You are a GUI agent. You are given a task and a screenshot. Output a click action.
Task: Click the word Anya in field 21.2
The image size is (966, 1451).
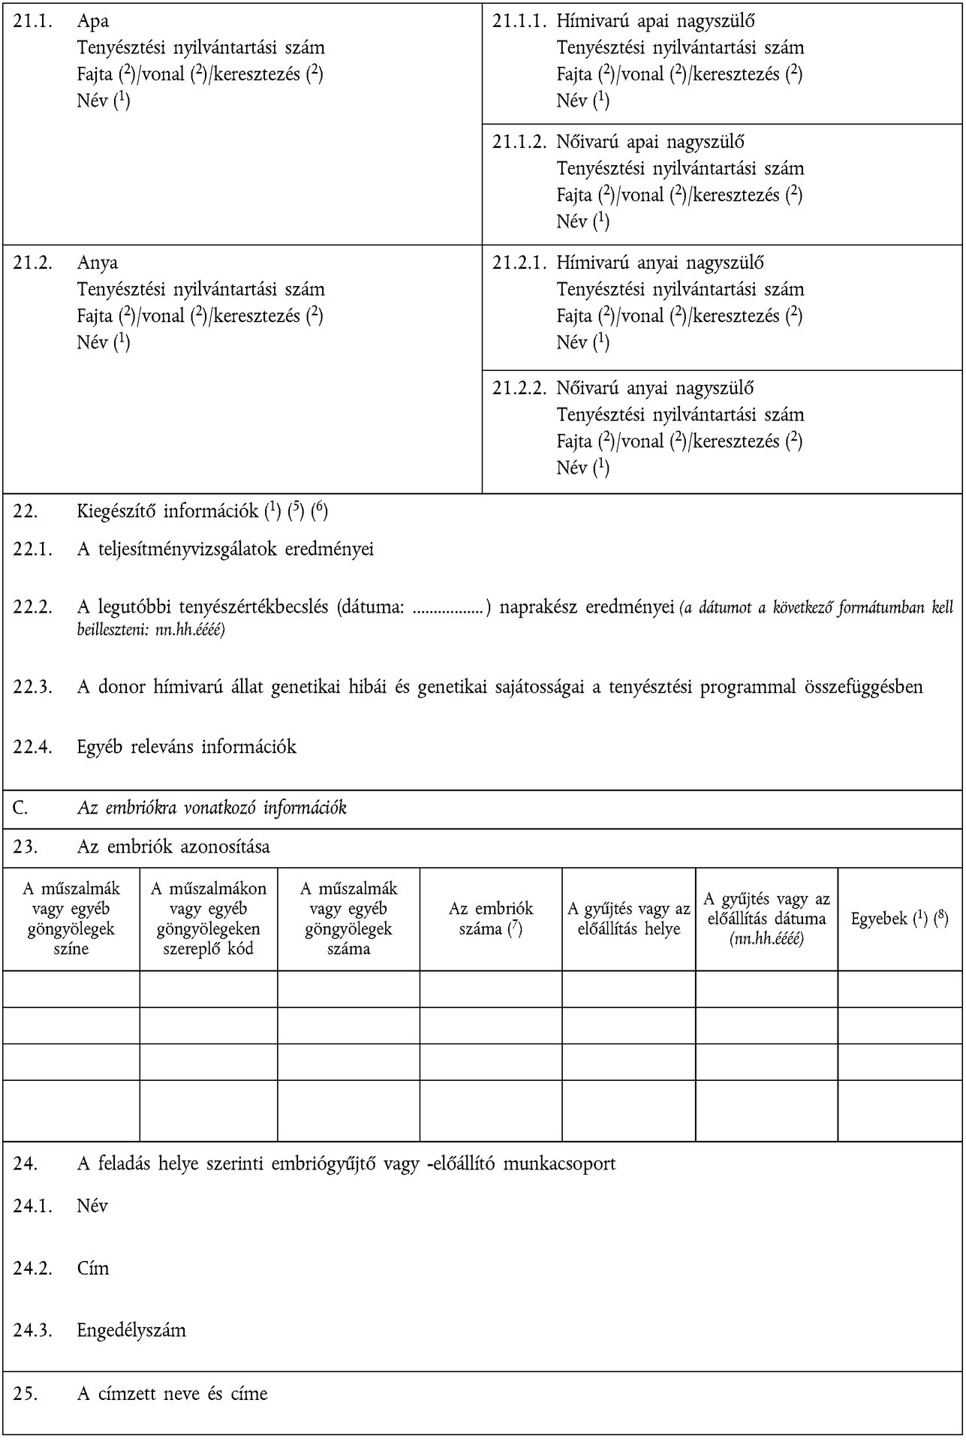coord(97,263)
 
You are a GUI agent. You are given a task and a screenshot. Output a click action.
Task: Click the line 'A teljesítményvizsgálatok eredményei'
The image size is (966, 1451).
coord(225,549)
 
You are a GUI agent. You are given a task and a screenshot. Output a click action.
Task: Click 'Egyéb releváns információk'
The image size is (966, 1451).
coord(186,746)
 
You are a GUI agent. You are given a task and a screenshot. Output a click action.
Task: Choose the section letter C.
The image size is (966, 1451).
coord(20,808)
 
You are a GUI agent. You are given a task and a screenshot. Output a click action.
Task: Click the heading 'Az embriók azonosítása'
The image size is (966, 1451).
coord(173,847)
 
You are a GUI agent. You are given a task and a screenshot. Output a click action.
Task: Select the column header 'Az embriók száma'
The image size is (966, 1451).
coord(491,918)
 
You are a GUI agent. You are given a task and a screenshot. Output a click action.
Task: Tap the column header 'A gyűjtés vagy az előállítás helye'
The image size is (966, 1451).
coord(628,918)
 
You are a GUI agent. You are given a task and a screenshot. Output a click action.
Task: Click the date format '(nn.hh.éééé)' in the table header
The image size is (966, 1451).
coord(766,938)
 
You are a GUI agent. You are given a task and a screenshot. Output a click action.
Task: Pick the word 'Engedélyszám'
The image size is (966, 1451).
coord(131,1330)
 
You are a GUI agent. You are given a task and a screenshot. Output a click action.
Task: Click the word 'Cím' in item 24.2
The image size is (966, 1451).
coord(93,1268)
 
